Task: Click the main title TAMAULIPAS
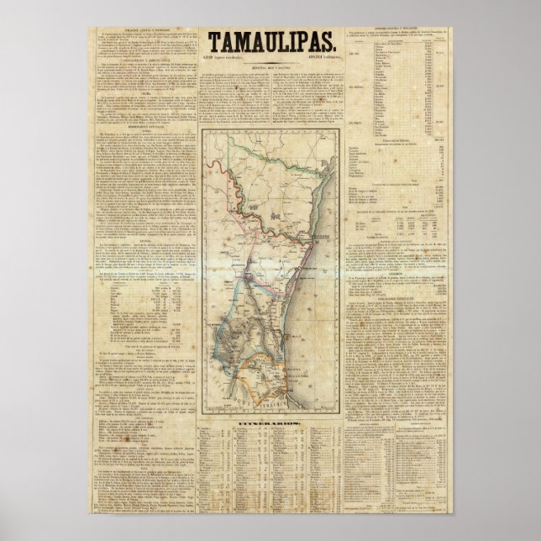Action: (x=271, y=41)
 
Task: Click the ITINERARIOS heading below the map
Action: (x=271, y=415)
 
